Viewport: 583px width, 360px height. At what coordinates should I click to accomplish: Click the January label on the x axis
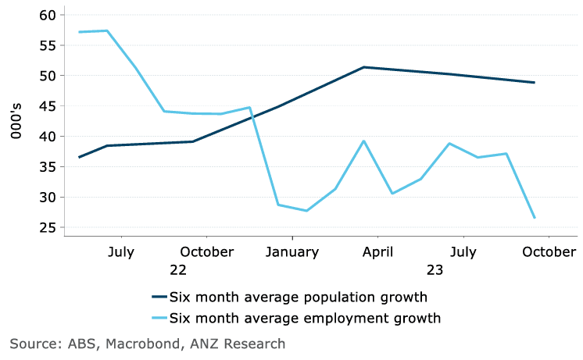(291, 252)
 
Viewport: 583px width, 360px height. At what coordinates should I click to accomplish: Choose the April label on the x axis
(377, 252)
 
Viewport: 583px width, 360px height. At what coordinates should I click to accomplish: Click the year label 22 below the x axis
(178, 270)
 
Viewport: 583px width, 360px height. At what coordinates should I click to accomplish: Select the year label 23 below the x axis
(435, 270)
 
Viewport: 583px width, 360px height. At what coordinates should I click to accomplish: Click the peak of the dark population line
(364, 67)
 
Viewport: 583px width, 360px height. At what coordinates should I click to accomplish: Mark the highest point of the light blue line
(107, 30)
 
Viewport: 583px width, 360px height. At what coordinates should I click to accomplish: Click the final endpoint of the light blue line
(535, 218)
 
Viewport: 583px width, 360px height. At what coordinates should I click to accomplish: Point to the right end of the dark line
(535, 82)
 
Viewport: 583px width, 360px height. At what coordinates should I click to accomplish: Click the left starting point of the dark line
(79, 157)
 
